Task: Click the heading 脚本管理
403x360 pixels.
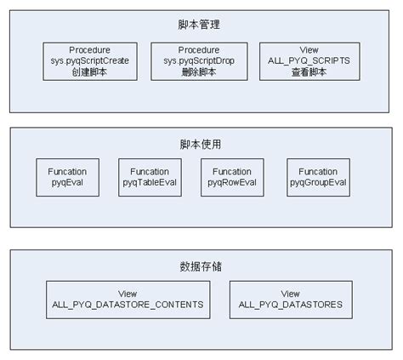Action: (199, 25)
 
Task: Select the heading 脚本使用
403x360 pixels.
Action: (201, 144)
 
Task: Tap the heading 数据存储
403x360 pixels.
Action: (201, 266)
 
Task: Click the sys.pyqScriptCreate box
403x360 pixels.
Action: (90, 61)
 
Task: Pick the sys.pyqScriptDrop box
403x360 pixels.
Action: (199, 61)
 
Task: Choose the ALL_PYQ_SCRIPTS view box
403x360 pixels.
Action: (309, 61)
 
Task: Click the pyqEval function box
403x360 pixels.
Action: (68, 177)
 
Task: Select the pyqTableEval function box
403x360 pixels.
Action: (150, 177)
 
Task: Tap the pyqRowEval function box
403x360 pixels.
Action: (232, 177)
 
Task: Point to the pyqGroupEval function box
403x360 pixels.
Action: (318, 177)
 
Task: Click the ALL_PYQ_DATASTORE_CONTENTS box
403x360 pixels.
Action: (128, 300)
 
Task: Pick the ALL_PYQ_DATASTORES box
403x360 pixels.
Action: (291, 300)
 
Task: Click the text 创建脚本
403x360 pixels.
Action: (89, 72)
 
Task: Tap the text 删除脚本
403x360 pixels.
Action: (199, 72)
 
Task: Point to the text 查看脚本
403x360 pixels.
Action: (309, 72)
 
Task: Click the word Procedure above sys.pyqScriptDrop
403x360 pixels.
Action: (199, 50)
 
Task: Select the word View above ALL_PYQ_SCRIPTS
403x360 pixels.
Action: (309, 50)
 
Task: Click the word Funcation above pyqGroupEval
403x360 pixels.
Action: (318, 172)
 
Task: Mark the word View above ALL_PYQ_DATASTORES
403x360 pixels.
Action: (291, 294)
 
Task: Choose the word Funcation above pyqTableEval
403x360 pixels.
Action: (150, 172)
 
